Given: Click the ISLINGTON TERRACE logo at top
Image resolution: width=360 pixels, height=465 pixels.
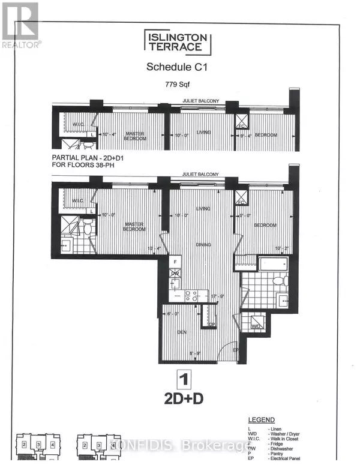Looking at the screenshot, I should point(178,43).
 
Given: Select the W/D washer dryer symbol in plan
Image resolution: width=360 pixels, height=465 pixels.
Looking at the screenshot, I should point(257,326).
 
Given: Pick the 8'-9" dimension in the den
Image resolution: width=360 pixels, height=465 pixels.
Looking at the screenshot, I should point(196,353).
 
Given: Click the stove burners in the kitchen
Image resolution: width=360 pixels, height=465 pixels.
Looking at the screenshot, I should point(191,295).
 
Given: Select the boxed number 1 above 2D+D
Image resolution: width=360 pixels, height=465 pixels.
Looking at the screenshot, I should point(179,379).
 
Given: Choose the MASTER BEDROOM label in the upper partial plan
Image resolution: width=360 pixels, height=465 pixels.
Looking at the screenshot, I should point(135,136).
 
